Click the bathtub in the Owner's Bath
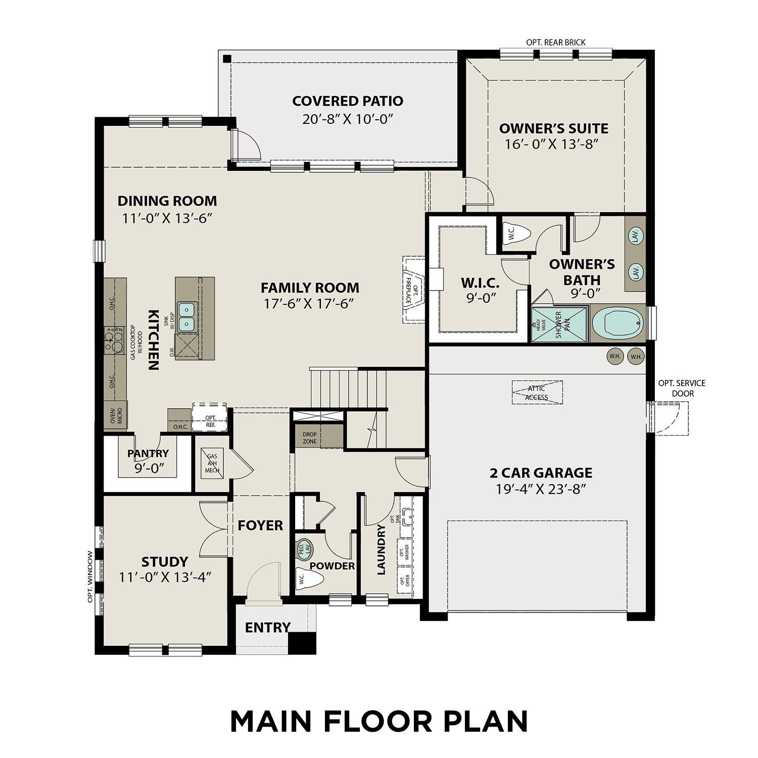(618, 324)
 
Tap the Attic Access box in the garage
(537, 393)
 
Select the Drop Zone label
(310, 438)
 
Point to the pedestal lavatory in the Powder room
(304, 549)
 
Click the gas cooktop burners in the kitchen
(114, 340)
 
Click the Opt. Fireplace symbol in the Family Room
(414, 290)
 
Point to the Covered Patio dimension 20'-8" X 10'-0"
(348, 119)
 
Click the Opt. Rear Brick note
(556, 42)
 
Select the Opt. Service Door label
(682, 388)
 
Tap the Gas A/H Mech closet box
(212, 463)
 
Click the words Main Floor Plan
(379, 721)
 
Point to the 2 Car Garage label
(541, 473)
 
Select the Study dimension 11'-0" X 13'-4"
(165, 577)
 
